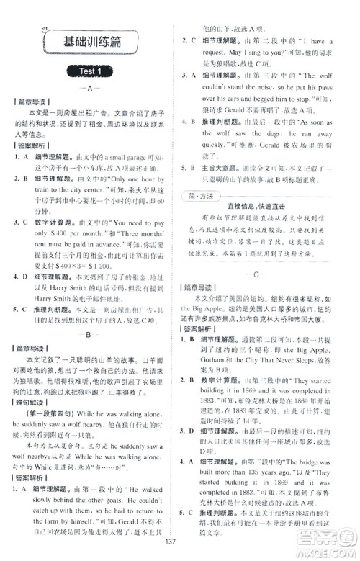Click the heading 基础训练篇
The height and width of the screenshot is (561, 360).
click(x=91, y=42)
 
